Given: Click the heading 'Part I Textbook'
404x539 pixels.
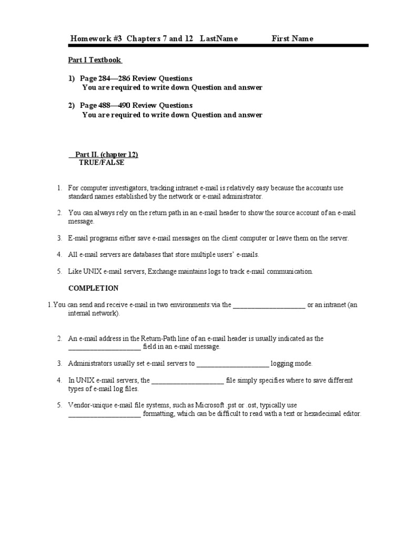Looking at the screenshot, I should [96, 60].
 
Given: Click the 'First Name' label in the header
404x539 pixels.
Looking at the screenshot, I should [292, 38].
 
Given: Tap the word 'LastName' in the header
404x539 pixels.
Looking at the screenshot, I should [219, 38].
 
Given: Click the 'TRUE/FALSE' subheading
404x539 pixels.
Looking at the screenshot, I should [102, 163].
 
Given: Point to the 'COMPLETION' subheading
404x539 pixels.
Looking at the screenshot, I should [94, 288].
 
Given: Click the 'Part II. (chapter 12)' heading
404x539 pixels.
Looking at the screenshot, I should [106, 155].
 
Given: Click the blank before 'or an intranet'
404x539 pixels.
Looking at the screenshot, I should [269, 305].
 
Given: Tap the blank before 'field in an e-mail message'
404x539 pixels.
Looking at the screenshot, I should [105, 347].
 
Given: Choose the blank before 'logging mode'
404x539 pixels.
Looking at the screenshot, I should [233, 364].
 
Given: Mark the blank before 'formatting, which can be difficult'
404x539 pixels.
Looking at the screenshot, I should [105, 414].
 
